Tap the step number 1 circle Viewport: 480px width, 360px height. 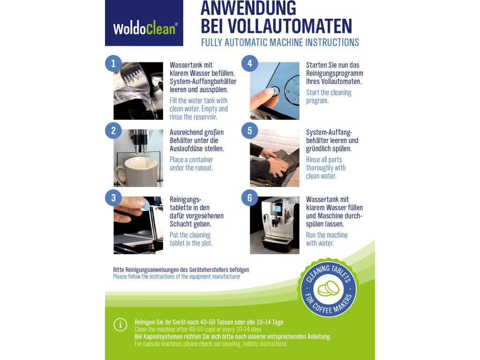pyautogui.click(x=113, y=64)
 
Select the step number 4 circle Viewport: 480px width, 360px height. pyautogui.click(x=250, y=64)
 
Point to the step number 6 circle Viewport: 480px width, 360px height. pyautogui.click(x=250, y=198)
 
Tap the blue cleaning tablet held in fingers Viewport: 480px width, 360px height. pyautogui.click(x=145, y=206)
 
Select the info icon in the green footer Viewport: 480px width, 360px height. pyautogui.click(x=120, y=325)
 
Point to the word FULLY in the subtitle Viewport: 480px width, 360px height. pyautogui.click(x=211, y=42)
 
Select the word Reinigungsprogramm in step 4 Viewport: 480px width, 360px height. pyautogui.click(x=335, y=74)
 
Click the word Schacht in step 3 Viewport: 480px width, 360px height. pyautogui.click(x=180, y=224)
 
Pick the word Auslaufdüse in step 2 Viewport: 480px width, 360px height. pyautogui.click(x=197, y=149)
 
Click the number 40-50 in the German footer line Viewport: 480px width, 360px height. pyautogui.click(x=209, y=322)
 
